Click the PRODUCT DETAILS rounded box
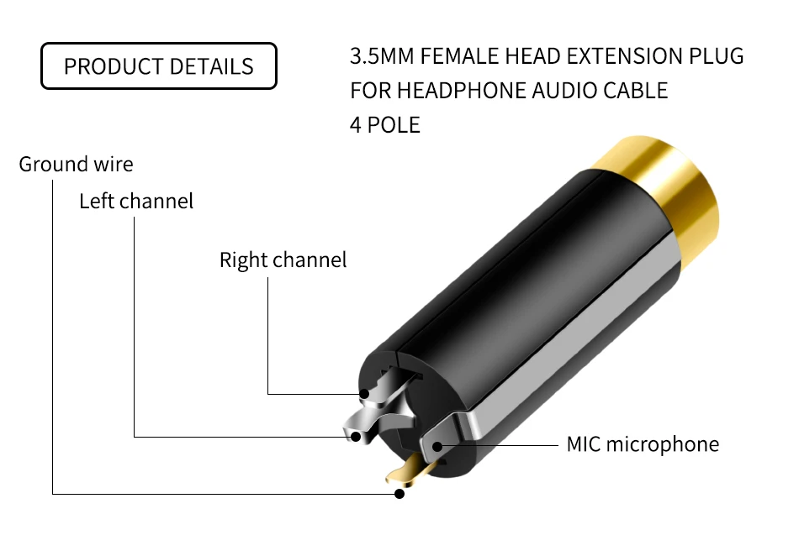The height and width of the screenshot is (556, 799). [159, 66]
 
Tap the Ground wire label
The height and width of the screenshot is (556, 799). [76, 164]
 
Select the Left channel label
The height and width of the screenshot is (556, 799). [136, 202]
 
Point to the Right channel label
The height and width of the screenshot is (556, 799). [283, 260]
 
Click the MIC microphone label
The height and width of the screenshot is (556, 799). [643, 444]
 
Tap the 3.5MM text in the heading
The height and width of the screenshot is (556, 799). [379, 57]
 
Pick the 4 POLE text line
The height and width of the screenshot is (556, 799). [384, 125]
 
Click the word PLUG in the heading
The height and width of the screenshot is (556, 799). [716, 57]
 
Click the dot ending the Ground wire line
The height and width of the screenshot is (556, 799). [399, 494]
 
